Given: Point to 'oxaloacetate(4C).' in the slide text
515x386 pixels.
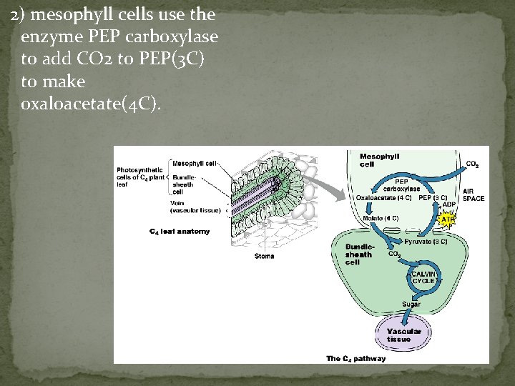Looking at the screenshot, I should pos(92,105).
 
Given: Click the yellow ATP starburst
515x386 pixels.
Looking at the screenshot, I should pos(448,220).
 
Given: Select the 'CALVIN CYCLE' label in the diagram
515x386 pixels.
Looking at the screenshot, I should pos(423,277).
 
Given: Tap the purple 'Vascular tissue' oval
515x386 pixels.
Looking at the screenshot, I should pos(404,335).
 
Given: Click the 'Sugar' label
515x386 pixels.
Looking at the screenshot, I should pos(411,305).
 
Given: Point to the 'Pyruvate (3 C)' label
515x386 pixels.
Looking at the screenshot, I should pos(426,242).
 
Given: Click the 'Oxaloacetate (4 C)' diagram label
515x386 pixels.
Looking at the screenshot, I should pos(383,197).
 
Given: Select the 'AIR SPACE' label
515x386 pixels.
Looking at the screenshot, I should pos(473,194).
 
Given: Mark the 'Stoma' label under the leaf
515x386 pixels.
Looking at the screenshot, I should pos(264,256).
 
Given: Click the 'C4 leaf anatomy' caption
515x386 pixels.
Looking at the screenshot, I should pos(180,232).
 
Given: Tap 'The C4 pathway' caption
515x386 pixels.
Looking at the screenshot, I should pos(355,358).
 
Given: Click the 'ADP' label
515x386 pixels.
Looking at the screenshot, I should pos(448,204).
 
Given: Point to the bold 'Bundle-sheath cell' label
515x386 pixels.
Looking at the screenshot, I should pos(358,254).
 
